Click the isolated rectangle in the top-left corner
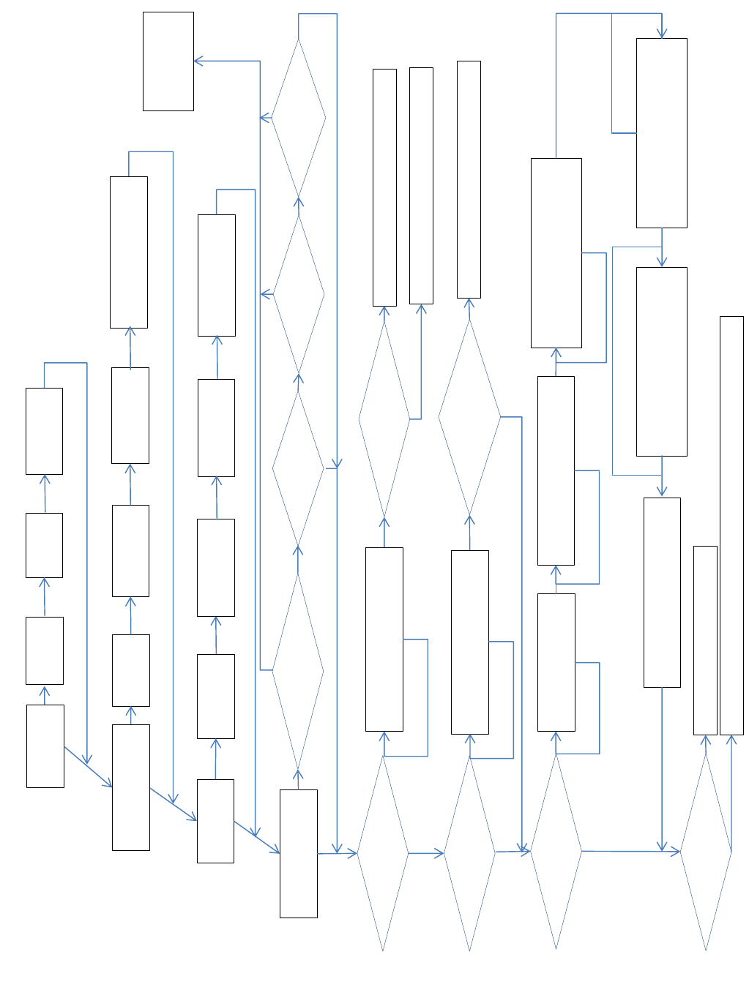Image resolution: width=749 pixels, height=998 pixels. point(168,61)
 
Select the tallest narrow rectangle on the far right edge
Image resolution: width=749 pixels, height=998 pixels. point(731,525)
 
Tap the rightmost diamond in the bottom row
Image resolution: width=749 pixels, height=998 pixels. point(706,852)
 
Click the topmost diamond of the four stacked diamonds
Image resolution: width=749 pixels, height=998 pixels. point(299,117)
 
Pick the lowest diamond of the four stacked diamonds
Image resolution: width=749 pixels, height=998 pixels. point(298,670)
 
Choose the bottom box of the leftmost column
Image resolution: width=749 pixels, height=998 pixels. point(45,746)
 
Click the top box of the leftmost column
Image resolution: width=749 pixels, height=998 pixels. point(44,431)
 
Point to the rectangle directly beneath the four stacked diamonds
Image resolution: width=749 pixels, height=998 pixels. point(299,853)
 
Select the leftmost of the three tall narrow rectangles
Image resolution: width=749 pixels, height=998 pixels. point(384,187)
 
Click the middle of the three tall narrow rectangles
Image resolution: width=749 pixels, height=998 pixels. point(421,186)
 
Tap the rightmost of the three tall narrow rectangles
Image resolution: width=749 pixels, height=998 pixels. point(469,179)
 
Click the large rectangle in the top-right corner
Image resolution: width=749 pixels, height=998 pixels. point(661,133)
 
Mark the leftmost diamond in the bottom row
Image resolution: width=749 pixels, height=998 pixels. point(383,853)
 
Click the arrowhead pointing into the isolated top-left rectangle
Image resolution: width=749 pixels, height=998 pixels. point(197,61)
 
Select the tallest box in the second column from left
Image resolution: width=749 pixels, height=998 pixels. point(129,252)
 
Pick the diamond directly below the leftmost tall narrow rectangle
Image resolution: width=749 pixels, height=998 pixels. point(384,419)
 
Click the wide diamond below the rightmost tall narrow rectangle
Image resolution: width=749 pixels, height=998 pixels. point(469,418)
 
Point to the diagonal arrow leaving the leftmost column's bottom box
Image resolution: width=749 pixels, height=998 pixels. point(88,767)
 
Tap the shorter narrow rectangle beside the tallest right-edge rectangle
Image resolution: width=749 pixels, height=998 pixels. point(705,640)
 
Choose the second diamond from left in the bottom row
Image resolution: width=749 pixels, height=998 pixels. point(469,852)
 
